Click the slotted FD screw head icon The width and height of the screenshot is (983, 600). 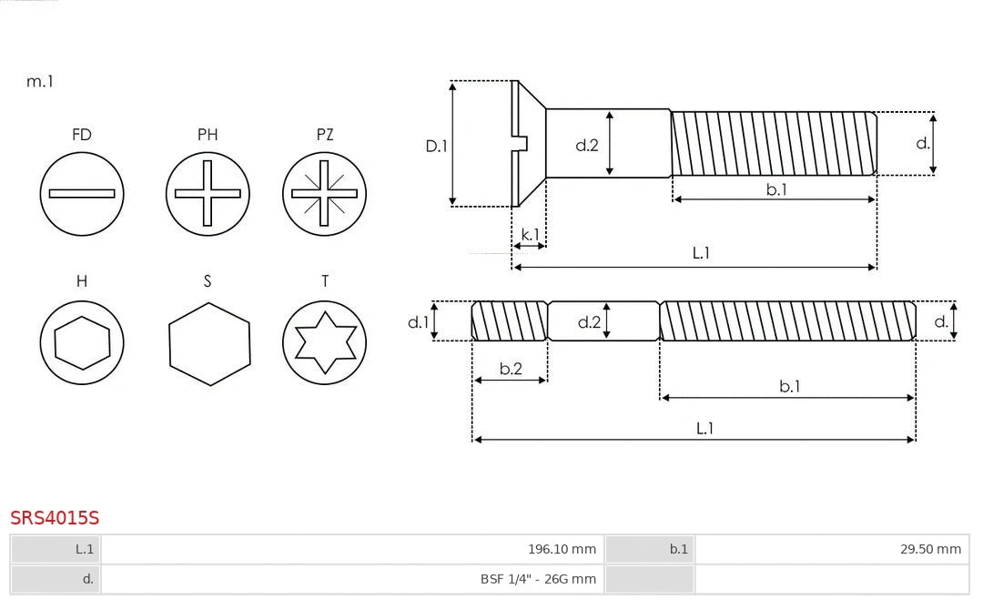tap(82, 193)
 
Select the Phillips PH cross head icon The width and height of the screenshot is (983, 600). tap(208, 193)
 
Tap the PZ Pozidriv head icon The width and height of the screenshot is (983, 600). tap(324, 193)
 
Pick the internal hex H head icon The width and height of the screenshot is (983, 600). tap(82, 342)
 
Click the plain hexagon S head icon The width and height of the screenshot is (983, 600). tap(209, 342)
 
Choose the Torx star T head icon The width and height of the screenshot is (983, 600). tap(324, 342)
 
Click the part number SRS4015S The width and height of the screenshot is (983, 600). tap(55, 518)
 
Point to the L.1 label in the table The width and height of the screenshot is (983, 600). tap(56, 549)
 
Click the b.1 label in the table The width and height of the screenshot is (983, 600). tap(649, 549)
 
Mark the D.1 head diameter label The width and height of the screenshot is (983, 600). tap(437, 145)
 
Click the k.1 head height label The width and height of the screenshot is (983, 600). tap(530, 234)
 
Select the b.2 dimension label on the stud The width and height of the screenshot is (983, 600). tap(511, 369)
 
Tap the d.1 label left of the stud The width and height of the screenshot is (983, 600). tap(417, 321)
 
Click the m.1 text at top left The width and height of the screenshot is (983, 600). tap(39, 81)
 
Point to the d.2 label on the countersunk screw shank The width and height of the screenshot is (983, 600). tap(586, 144)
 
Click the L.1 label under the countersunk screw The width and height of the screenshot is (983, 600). tap(701, 253)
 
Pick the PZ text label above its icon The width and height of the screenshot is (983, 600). tap(324, 135)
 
